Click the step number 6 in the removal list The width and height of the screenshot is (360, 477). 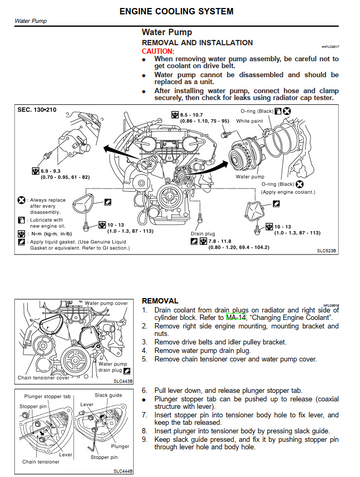(147, 388)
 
